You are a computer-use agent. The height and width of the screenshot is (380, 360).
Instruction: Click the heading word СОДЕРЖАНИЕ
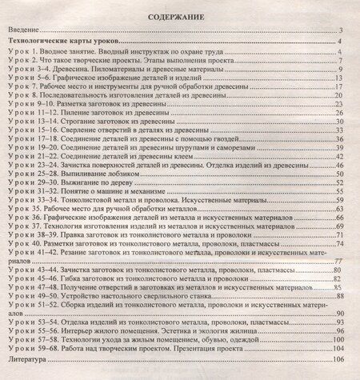coord(181,15)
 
